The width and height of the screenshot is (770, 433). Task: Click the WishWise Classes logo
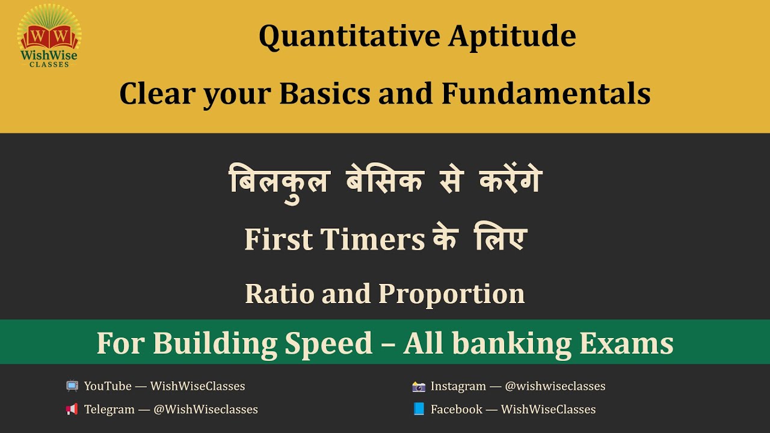(49, 35)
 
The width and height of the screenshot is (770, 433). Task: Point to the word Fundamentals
(546, 94)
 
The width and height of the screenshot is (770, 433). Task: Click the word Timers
(372, 239)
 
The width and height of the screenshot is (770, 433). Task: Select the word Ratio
(279, 293)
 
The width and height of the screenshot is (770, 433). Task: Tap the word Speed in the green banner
(328, 343)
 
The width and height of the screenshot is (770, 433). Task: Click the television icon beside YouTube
(72, 386)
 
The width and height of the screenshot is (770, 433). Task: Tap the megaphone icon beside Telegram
(72, 410)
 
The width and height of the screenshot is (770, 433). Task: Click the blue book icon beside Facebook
(419, 410)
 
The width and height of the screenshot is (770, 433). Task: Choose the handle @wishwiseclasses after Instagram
(555, 386)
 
